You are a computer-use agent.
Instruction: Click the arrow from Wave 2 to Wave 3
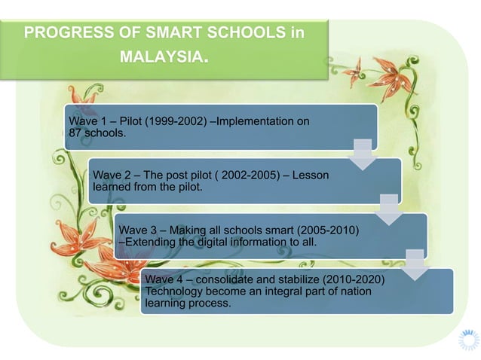tap(390, 209)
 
